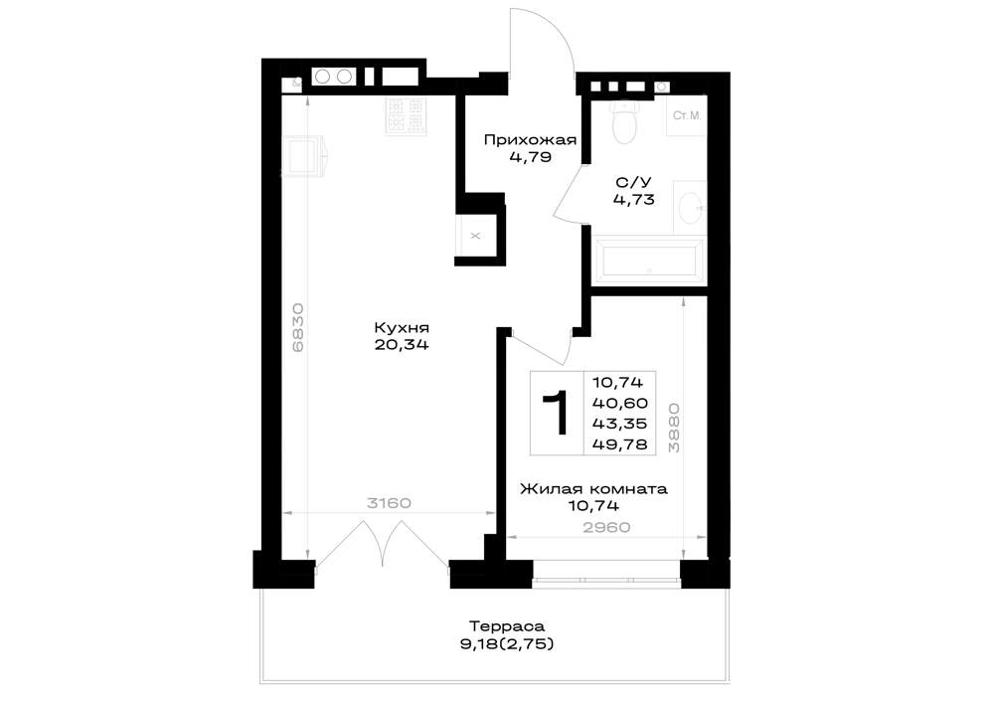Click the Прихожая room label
point(530,140)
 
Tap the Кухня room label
point(402,328)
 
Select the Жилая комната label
point(593,489)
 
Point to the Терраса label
point(507,626)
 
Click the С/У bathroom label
point(633,183)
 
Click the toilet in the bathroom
point(624,121)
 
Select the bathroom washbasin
point(690,205)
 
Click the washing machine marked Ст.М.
point(687,115)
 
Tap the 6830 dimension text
point(298,328)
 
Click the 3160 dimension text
point(390,503)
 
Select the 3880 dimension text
point(674,428)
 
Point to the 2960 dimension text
point(606,527)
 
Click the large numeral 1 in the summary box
point(557,414)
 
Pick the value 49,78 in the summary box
point(620,444)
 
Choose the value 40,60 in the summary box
point(620,403)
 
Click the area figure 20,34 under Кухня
point(402,345)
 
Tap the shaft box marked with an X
point(476,236)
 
